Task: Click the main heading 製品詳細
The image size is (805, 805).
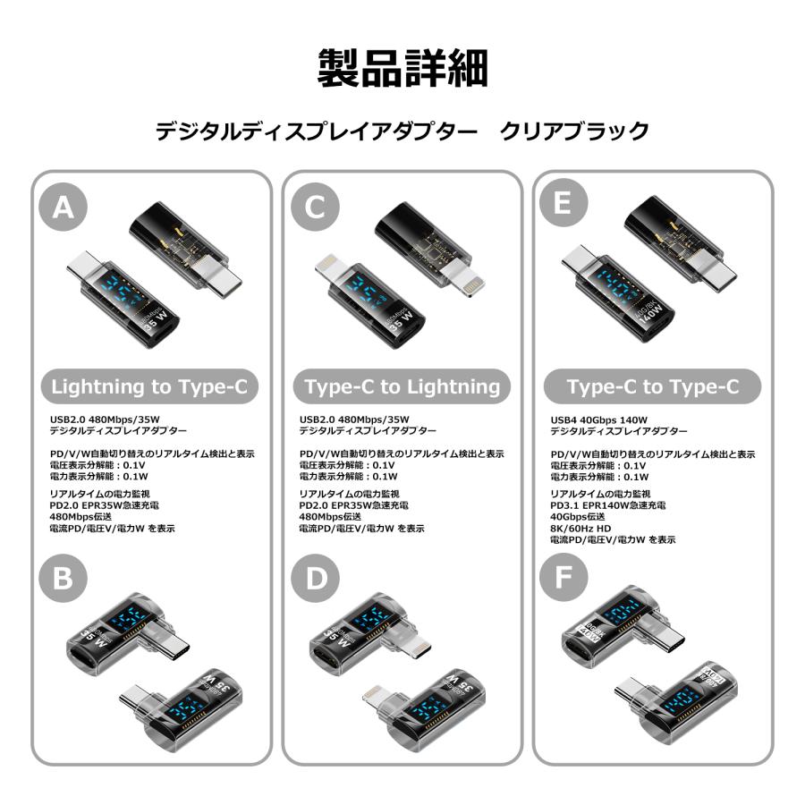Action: (402, 68)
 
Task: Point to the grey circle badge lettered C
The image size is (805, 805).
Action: (315, 208)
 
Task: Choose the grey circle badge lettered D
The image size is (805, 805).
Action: (315, 579)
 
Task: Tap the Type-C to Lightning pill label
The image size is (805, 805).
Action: (402, 386)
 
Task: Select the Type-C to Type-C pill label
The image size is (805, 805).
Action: (652, 386)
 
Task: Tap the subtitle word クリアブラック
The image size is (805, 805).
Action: (573, 131)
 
